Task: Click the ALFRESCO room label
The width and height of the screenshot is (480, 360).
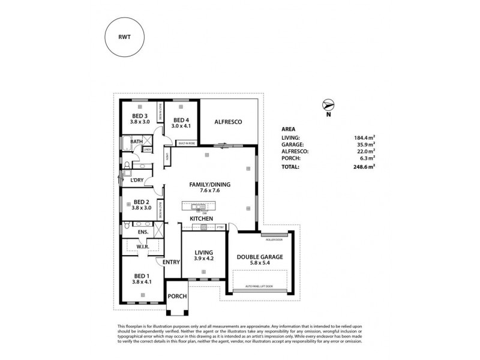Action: [228, 122]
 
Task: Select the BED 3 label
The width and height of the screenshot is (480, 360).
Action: [140, 115]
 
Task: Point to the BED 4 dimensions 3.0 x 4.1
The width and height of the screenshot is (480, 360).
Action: [181, 126]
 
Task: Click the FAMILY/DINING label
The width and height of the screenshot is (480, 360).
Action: [210, 185]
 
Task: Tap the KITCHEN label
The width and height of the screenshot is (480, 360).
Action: [202, 220]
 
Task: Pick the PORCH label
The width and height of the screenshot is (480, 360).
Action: [177, 296]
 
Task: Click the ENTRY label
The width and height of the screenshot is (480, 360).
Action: [172, 262]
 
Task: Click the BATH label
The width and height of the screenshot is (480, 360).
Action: [137, 142]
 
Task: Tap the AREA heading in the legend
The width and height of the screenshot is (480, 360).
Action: [289, 128]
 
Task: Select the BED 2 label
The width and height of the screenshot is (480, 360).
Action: [140, 202]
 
